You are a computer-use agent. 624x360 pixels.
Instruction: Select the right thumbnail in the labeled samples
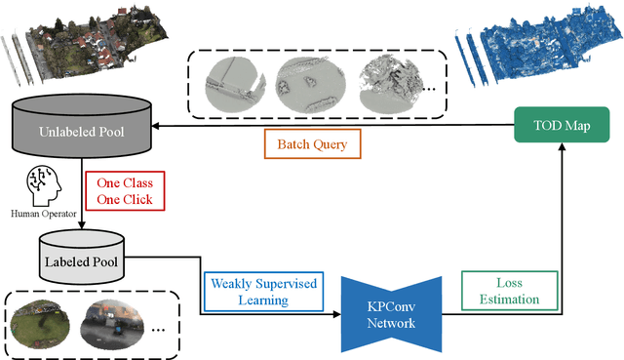117,324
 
